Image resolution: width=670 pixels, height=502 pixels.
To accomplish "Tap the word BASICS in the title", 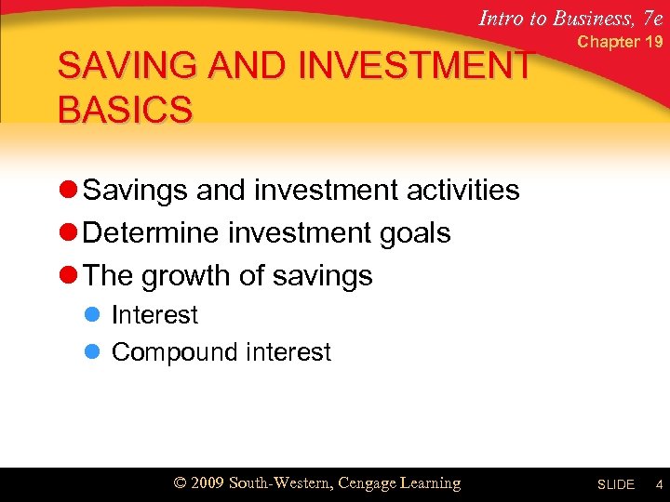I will coord(125,109).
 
